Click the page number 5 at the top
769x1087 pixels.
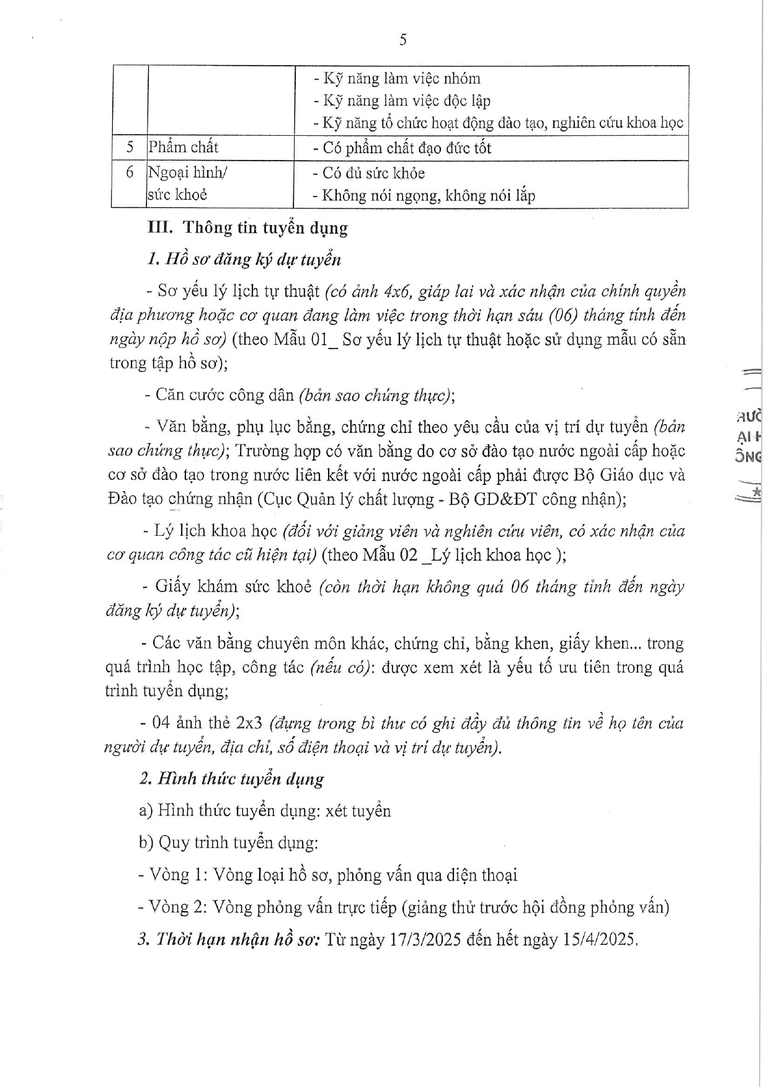403,40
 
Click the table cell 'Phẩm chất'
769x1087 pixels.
183,148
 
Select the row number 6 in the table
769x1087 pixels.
130,172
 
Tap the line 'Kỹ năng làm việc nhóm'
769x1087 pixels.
397,79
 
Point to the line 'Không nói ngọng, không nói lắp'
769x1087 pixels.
424,196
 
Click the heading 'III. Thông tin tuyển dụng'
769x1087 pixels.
247,228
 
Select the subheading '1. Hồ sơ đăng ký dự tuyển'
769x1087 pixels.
243,259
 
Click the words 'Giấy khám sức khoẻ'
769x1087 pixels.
233,586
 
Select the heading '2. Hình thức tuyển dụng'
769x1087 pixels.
231,779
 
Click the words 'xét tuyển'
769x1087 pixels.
358,810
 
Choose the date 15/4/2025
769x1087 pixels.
600,939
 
